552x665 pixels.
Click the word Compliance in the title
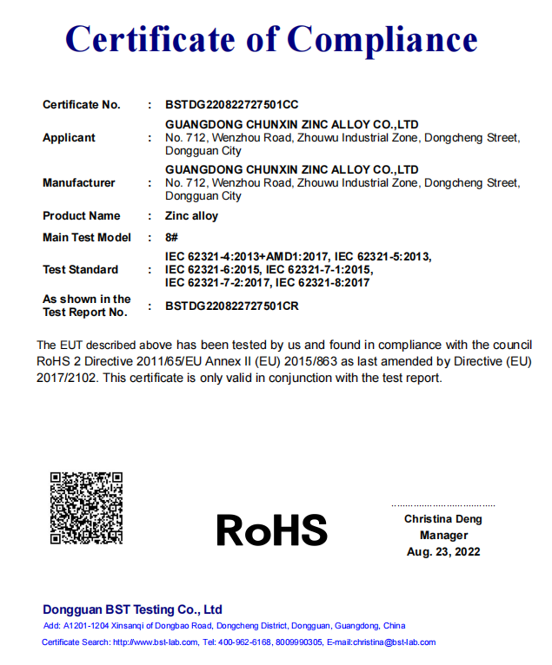pos(382,39)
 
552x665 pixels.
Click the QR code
pos(86,508)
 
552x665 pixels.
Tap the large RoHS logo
pos(272,529)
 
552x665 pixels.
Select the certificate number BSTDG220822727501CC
pos(231,105)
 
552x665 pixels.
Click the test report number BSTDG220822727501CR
pos(231,306)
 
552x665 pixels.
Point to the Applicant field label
pos(69,138)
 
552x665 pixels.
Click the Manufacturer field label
pos(78,183)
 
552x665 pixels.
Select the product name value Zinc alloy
pos(191,216)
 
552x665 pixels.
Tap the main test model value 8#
pos(171,238)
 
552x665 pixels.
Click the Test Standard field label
pos(80,270)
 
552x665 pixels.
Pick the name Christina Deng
pos(442,519)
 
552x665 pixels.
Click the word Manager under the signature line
pos(443,536)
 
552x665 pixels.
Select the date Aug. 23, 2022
pos(443,552)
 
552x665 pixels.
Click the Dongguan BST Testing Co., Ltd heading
pos(132,609)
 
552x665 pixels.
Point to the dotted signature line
pos(443,505)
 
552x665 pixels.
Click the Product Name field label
pos(81,216)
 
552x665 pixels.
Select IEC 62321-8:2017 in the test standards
pos(323,283)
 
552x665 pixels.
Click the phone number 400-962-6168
pos(245,642)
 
